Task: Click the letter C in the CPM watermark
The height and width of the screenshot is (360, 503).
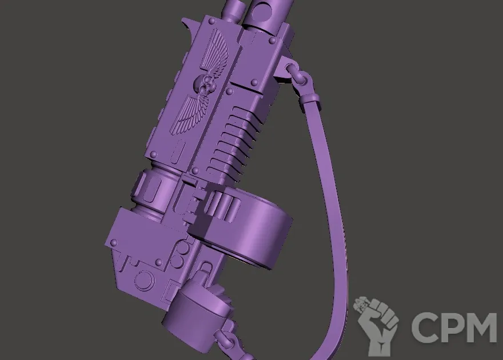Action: tap(426, 327)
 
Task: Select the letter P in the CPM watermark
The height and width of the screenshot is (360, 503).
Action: tap(452, 327)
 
